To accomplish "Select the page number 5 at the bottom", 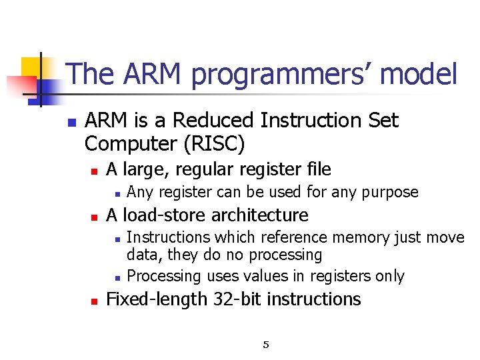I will click(x=266, y=345).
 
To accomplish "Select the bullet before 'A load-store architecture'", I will click(x=95, y=217).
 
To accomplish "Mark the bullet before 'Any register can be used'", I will click(x=116, y=194).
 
